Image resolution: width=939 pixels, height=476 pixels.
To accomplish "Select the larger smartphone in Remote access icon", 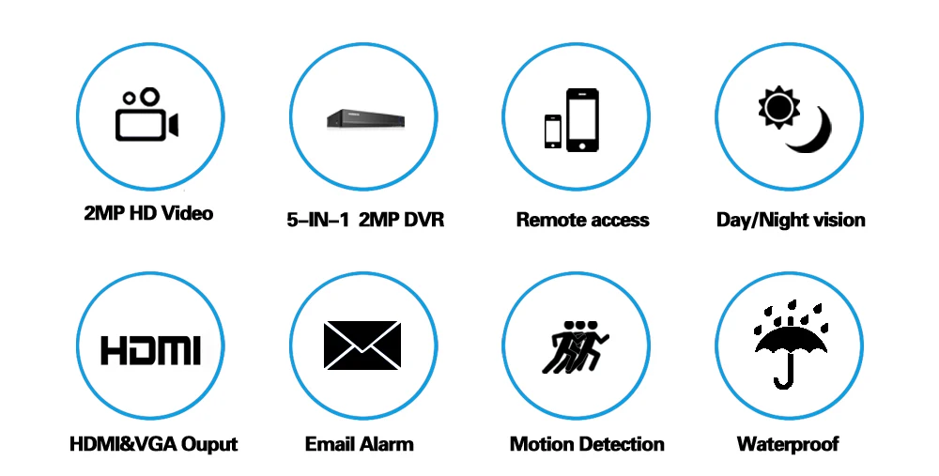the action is (x=582, y=120).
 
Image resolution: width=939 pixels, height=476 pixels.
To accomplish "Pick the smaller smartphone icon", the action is (x=553, y=131).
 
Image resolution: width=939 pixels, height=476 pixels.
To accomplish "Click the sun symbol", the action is (x=778, y=107).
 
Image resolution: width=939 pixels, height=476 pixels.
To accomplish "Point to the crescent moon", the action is (x=813, y=133).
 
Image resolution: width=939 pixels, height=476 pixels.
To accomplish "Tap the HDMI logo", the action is (x=150, y=350).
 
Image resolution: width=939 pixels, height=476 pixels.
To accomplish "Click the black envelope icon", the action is (x=362, y=345).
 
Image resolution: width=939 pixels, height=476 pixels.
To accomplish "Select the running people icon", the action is (x=575, y=346).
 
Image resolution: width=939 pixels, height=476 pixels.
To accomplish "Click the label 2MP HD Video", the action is (x=148, y=213).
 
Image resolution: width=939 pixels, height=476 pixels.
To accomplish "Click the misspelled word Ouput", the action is (x=209, y=444).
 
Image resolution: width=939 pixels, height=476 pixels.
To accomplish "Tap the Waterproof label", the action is (x=788, y=444).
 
